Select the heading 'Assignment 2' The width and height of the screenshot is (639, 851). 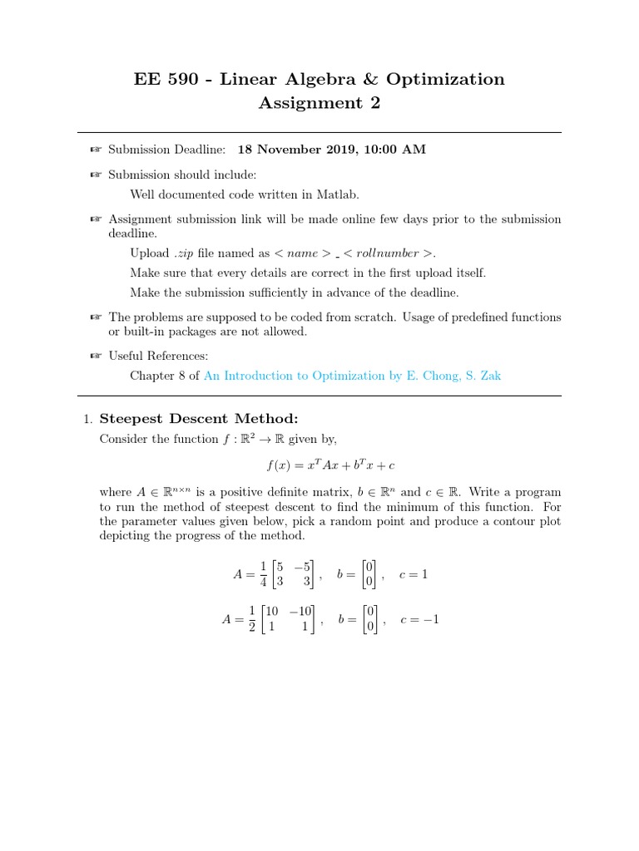[319, 103]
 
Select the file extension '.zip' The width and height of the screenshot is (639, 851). [184, 253]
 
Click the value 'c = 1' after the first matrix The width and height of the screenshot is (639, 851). [414, 574]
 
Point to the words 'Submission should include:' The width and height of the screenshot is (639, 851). [183, 175]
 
